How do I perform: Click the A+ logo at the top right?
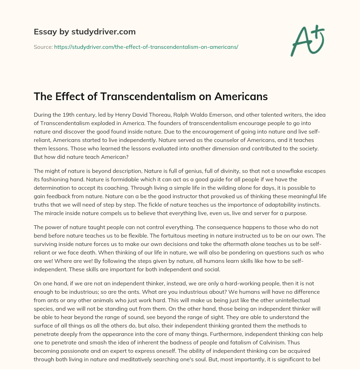[x=307, y=40]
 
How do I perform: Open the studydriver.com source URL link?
[x=146, y=47]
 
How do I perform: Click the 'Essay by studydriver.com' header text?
[x=85, y=32]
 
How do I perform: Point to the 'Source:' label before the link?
[x=43, y=47]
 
